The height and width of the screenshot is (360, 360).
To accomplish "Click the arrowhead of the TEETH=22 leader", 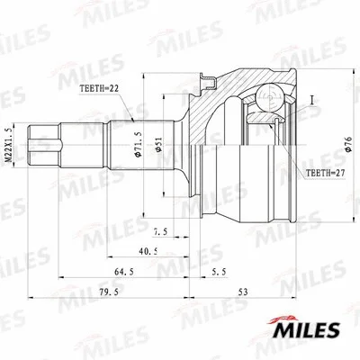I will [132, 117].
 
